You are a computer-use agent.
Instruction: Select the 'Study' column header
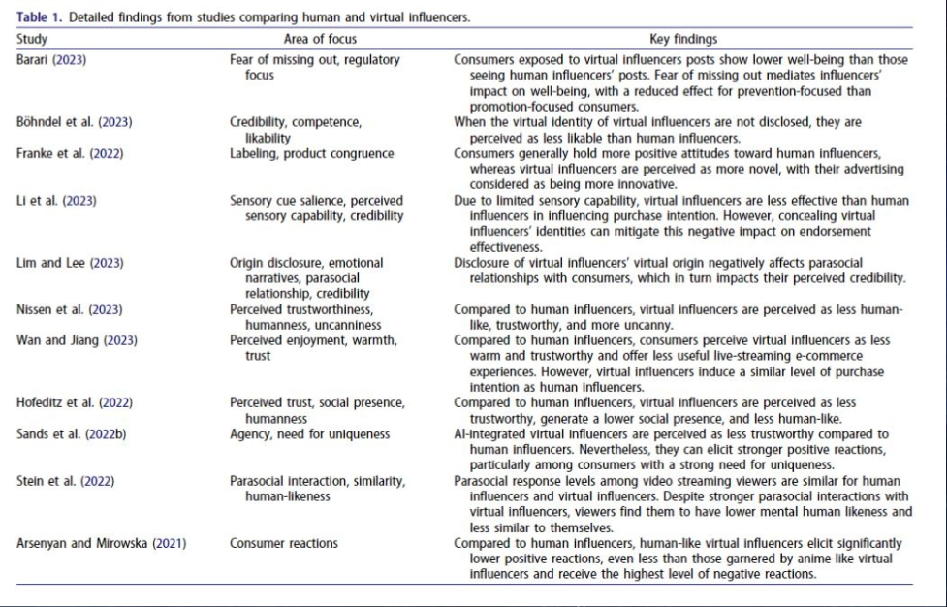[x=33, y=40]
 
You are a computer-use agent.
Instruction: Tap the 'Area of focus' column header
[x=320, y=40]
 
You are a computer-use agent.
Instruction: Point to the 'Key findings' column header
[x=683, y=40]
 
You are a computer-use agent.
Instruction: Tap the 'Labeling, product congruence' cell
[x=312, y=153]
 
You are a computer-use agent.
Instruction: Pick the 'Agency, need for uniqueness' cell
[x=309, y=432]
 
